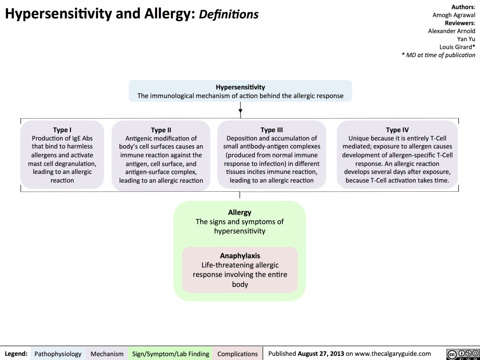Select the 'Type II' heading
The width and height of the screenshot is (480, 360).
[161, 130]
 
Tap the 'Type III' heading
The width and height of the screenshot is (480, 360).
[272, 130]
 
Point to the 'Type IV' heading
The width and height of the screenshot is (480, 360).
[397, 130]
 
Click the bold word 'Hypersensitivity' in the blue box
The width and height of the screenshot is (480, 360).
[240, 87]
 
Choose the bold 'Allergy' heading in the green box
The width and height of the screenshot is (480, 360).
[240, 212]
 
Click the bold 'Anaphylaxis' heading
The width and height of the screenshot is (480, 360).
[240, 256]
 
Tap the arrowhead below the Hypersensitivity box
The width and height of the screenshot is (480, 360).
[240, 111]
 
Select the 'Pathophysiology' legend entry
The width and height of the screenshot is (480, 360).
[58, 353]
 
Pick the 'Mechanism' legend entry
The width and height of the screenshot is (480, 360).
[107, 353]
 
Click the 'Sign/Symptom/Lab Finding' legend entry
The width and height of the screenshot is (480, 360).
[171, 353]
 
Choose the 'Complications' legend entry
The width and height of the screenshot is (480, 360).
[238, 353]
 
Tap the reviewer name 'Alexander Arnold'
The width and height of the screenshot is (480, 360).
[452, 31]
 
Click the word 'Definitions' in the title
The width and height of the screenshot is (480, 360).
[228, 15]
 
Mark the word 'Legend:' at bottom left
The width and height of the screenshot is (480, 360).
[16, 353]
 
